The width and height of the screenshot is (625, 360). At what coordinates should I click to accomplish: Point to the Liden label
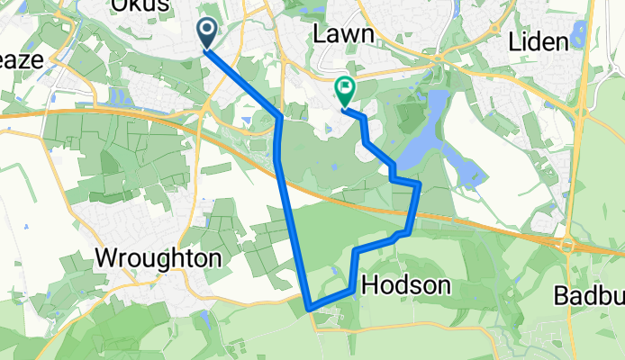pos(538,41)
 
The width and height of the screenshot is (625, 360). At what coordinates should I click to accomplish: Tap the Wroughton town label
pos(158,258)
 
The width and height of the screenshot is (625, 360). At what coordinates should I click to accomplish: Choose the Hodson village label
pos(405,285)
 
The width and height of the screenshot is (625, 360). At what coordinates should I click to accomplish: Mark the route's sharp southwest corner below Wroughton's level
pos(309,307)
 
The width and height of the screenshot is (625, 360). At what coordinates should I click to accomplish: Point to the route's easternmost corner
pos(419,184)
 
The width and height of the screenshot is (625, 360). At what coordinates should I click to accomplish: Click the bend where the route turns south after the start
pos(280,118)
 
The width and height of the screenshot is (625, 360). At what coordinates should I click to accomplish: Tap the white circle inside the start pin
pos(206,31)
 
